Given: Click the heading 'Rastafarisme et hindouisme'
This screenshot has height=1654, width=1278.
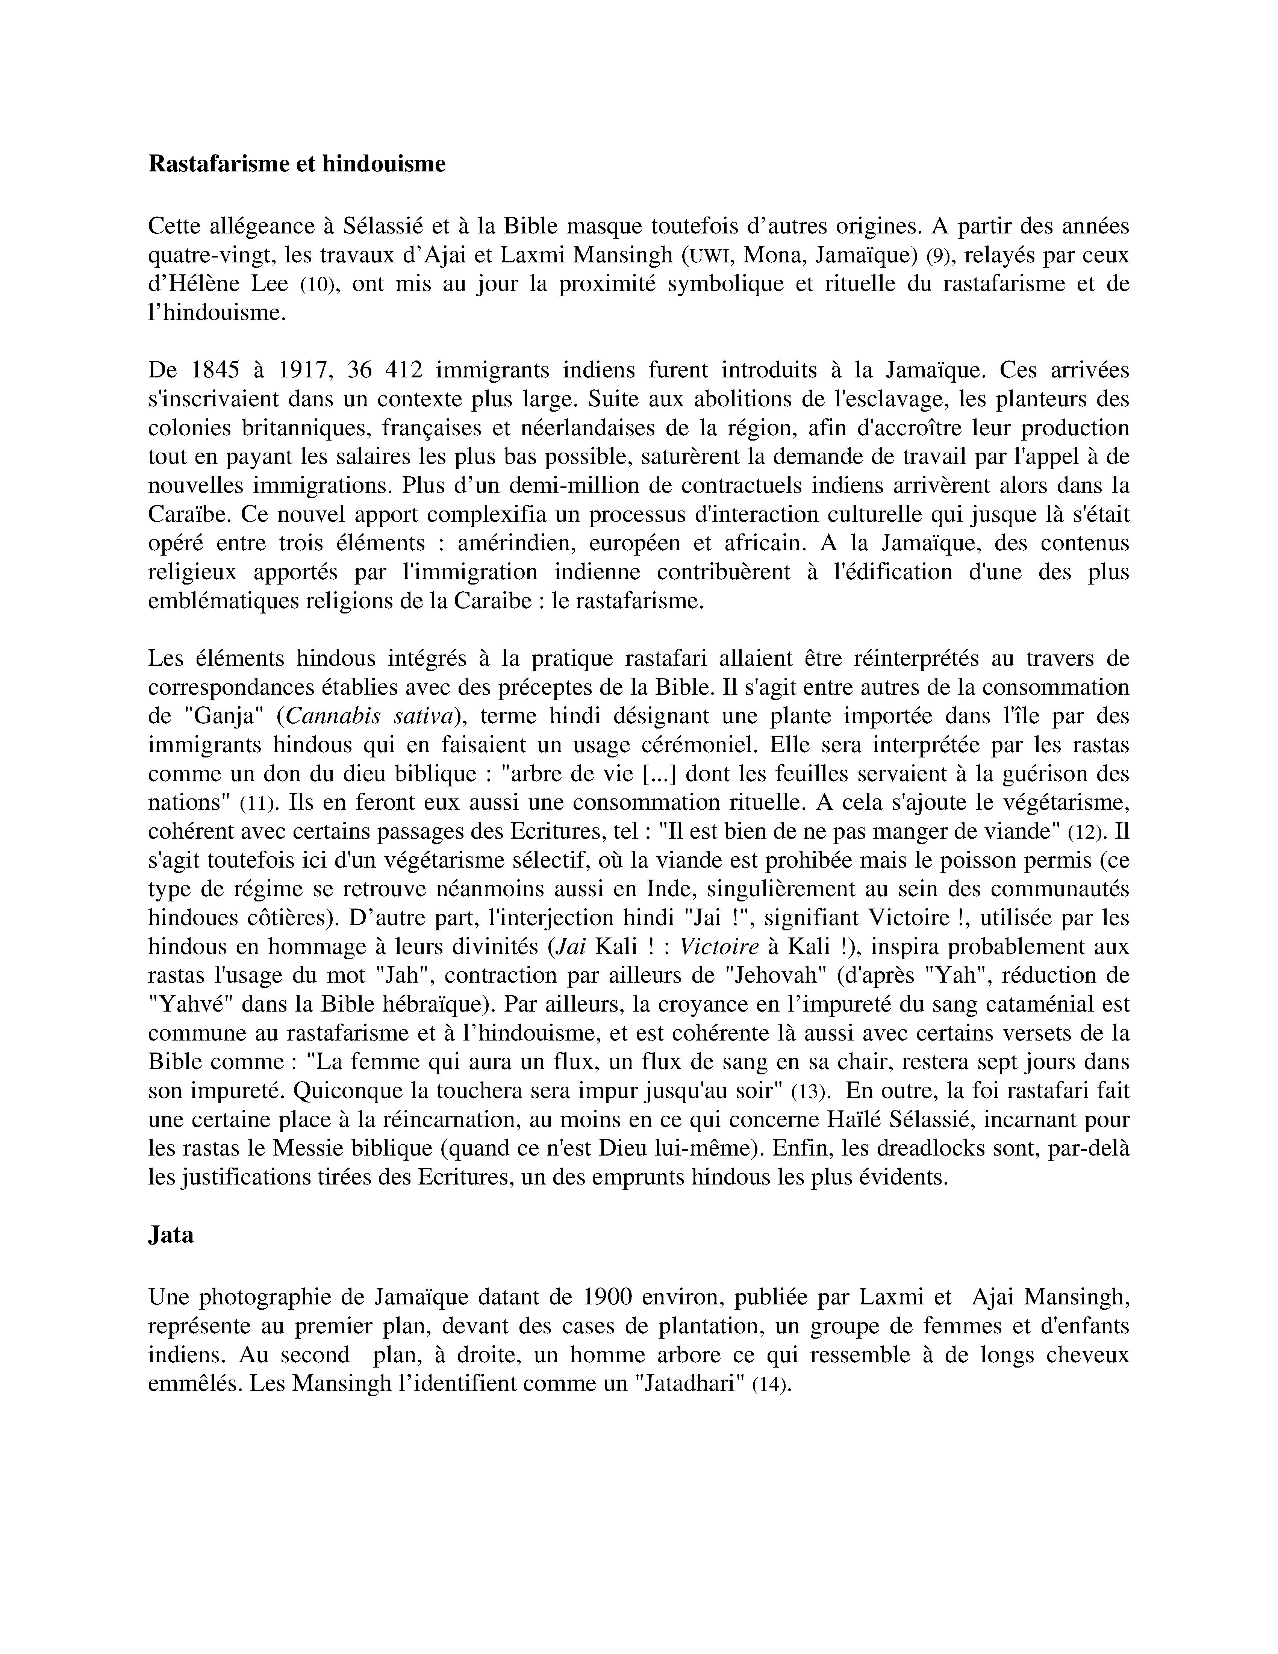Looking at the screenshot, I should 297,164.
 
